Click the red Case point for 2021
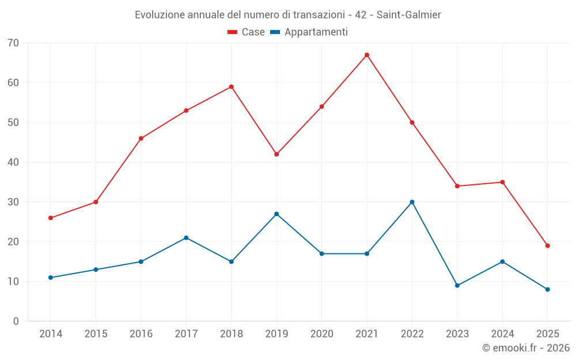367,55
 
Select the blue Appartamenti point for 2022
412,202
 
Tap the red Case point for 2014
51,218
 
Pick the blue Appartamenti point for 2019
276,214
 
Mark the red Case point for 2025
547,246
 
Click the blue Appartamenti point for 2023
457,286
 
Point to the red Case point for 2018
231,87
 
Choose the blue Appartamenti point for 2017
186,238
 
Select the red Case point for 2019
276,154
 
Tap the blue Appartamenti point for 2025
547,290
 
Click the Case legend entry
247,32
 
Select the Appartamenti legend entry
309,32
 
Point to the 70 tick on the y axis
13,43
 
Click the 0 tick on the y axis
16,321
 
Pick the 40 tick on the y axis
13,162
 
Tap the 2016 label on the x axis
141,334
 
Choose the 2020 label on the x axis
321,334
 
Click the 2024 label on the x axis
502,334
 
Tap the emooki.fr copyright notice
526,348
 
